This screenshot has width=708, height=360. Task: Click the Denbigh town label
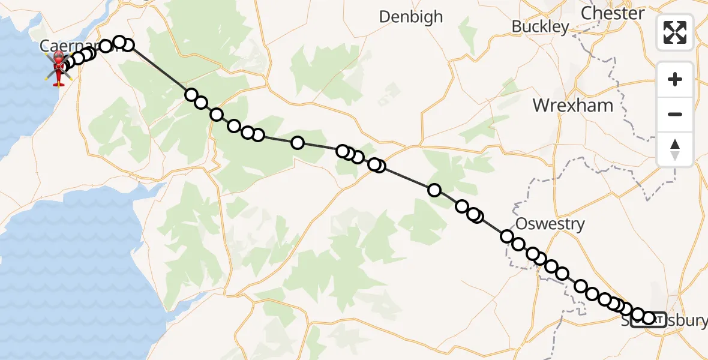coord(411,17)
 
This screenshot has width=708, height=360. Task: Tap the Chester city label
coord(613,13)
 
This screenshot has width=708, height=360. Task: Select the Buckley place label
coord(540,26)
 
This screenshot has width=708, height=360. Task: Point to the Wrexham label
coord(573,106)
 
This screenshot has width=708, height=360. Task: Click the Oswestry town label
coord(550,224)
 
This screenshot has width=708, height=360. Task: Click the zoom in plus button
coord(675,79)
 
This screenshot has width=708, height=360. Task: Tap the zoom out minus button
coord(675,114)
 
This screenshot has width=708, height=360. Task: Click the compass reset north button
coord(675,149)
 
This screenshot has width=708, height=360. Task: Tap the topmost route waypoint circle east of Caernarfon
coord(119,42)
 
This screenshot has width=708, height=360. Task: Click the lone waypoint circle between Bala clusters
coord(297,143)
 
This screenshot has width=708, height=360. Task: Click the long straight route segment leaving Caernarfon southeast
coord(159,69)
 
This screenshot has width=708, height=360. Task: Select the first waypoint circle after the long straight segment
coord(191,95)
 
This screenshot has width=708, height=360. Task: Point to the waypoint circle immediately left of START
coord(638,315)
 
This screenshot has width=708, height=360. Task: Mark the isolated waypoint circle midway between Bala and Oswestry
coord(434,190)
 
